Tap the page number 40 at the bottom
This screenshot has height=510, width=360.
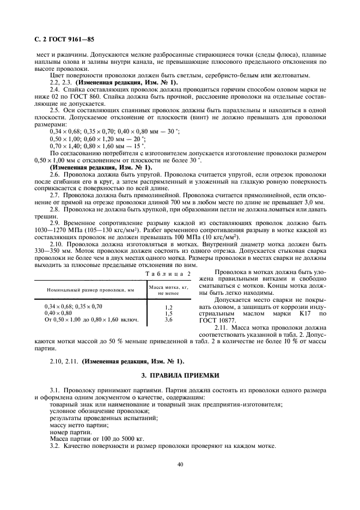[x=179, y=464]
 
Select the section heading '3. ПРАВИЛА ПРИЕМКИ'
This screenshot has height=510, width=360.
[x=180, y=375]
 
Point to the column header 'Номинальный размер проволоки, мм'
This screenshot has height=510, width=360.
[x=86, y=290]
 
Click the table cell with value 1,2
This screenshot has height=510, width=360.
[x=168, y=307]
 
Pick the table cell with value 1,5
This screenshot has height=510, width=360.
[x=168, y=313]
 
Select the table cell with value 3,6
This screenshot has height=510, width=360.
[x=168, y=319]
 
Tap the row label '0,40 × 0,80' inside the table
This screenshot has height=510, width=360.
[x=58, y=313]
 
